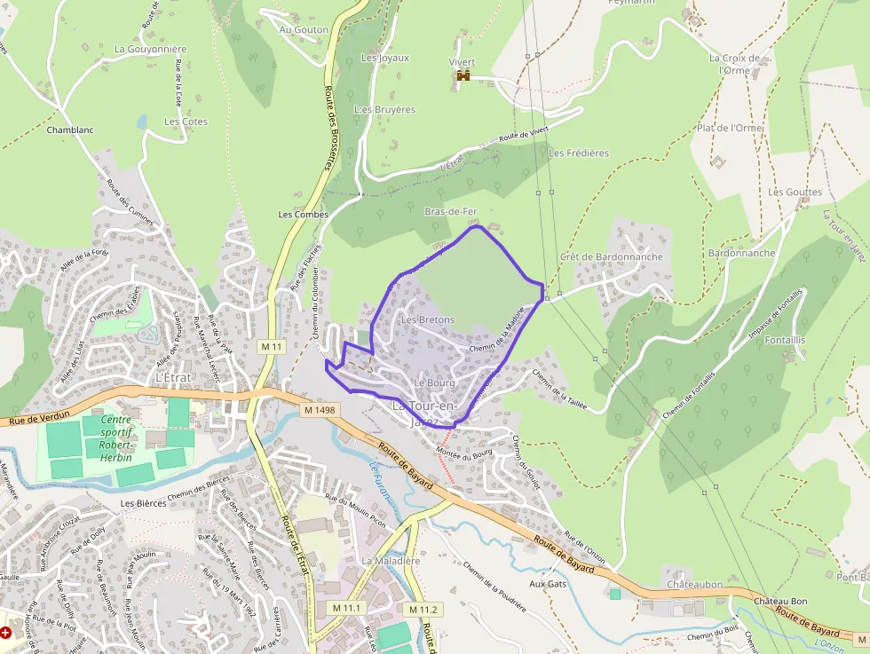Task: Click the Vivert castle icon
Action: (x=463, y=76)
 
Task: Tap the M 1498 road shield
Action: (x=320, y=410)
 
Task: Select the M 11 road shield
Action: (x=272, y=345)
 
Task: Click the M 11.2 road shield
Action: (x=424, y=610)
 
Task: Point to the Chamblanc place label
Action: (x=70, y=130)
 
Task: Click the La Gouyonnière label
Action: (x=151, y=50)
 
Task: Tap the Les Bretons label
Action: (x=428, y=319)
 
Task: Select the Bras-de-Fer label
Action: (x=451, y=211)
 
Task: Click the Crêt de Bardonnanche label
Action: (x=612, y=256)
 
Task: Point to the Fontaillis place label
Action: (x=785, y=340)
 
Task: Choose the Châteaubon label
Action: (x=694, y=585)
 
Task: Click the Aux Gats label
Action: (x=548, y=584)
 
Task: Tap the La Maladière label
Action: (x=391, y=562)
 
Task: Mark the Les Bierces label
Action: (x=144, y=503)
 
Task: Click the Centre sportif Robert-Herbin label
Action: (x=115, y=437)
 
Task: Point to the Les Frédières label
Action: (x=579, y=153)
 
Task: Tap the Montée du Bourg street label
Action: (x=463, y=453)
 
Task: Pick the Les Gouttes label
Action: (x=795, y=192)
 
